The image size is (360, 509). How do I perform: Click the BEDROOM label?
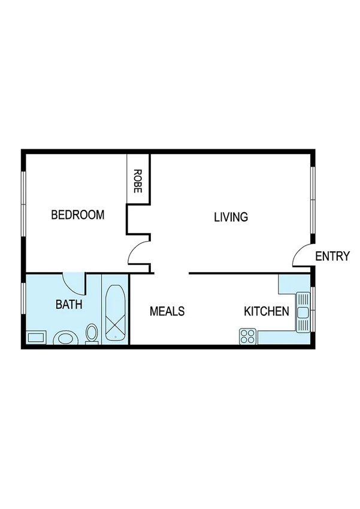coord(77,215)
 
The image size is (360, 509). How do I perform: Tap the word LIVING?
coord(231,217)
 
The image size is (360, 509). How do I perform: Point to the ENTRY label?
coord(332,257)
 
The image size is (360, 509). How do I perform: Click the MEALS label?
coord(167,312)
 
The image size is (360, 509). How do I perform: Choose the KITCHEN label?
coord(267,312)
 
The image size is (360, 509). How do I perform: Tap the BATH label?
coord(69,305)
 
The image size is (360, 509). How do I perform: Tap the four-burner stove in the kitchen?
coord(247,336)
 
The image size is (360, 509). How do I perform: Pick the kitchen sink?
coord(302,312)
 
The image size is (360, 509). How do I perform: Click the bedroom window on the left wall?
coord(23,204)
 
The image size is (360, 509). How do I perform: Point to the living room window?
coord(312,201)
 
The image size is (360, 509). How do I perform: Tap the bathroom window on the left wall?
coord(23,297)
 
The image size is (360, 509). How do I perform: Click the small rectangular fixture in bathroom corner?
coord(36,338)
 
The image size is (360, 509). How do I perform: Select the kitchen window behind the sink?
coord(312,309)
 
